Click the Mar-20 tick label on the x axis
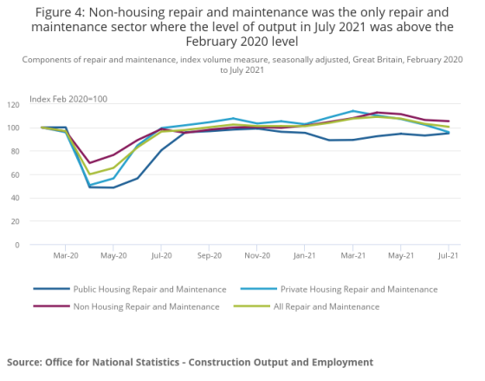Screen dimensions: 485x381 coord(66,255)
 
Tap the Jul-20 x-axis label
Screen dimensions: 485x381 coord(161,255)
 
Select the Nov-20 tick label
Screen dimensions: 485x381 coord(257,255)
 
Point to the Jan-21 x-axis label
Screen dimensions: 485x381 coord(304,255)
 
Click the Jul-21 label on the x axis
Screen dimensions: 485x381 coord(449,255)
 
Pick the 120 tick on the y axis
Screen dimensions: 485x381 coord(13,105)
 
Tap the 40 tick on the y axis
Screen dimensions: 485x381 coord(15,198)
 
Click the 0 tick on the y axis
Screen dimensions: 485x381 coord(17,245)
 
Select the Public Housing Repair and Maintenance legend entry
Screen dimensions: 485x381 coord(130,289)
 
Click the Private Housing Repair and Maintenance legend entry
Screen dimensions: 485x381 coord(339,289)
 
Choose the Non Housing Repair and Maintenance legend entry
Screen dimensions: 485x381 coord(126,306)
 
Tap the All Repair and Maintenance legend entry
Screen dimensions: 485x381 coord(307,306)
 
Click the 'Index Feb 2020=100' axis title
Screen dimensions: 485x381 coord(68,99)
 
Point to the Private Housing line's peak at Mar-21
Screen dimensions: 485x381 coord(352,111)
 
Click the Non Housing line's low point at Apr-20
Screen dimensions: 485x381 coord(89,163)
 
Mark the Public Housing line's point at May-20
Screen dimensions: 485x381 coord(113,187)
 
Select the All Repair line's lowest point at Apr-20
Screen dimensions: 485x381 coord(89,174)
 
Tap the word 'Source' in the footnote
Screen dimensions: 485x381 coord(24,362)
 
